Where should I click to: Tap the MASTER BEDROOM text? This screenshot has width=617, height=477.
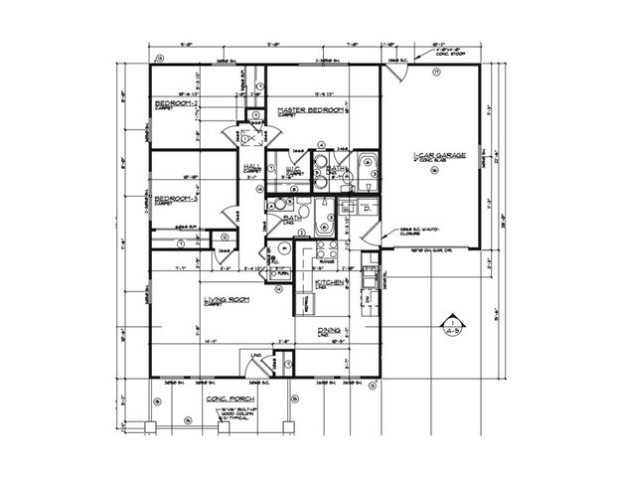311,109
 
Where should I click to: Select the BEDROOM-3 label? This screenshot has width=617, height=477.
174,199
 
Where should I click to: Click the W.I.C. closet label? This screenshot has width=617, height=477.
293,170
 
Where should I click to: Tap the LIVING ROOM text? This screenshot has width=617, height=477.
226,299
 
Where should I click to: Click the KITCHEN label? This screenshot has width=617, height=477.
329,283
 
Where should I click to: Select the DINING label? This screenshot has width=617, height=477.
329,331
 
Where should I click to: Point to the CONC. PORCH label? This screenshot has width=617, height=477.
226,397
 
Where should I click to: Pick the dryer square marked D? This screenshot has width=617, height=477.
367,209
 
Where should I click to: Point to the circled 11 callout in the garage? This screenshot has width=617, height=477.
436,73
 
